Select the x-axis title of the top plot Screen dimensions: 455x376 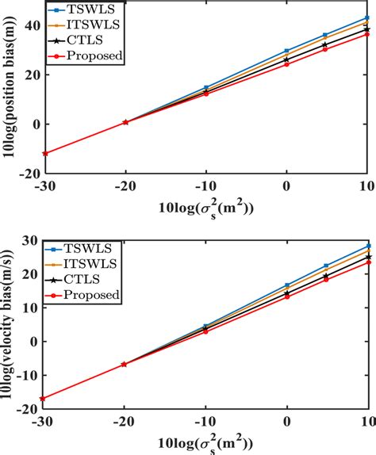[x=207, y=208]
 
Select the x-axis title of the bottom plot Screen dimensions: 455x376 [x=207, y=442]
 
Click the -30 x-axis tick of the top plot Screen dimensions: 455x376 [x=44, y=187]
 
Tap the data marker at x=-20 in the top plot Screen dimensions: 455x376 [x=125, y=122]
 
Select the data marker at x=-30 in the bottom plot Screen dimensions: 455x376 [x=44, y=399]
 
